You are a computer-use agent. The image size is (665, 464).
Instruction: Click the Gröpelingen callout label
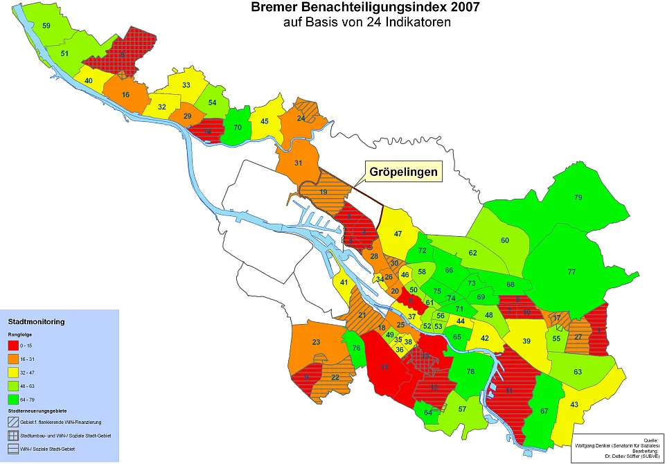click(403, 171)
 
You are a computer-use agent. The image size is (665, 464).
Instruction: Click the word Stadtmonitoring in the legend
click(36, 322)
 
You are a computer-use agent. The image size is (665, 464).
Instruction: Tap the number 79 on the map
click(578, 198)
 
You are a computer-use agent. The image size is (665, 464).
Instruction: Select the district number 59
click(46, 26)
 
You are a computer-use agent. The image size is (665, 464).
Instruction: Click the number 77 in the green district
click(571, 272)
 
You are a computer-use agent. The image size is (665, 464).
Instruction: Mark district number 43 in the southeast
click(574, 404)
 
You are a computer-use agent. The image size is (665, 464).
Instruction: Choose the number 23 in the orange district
click(316, 343)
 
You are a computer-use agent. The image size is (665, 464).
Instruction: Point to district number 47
click(398, 234)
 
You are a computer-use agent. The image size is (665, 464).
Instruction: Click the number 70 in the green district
click(238, 127)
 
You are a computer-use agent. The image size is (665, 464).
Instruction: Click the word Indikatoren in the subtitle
click(417, 22)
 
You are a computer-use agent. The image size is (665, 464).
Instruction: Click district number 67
click(544, 411)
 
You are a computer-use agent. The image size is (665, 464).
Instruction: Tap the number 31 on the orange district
click(299, 163)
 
